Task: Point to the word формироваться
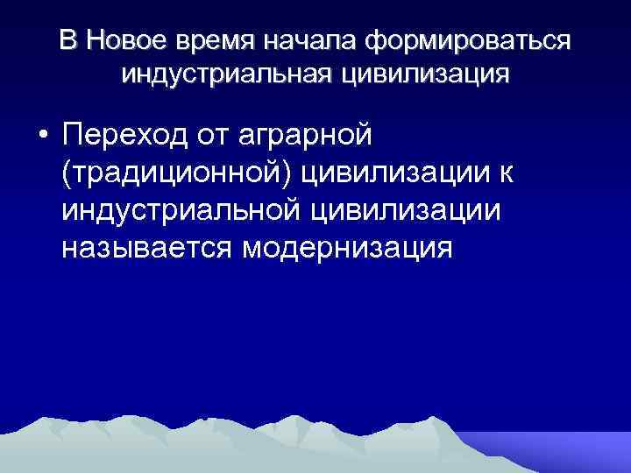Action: click(470, 40)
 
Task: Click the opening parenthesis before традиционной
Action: click(67, 174)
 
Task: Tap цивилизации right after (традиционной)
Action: click(396, 174)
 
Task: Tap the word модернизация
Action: click(348, 248)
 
